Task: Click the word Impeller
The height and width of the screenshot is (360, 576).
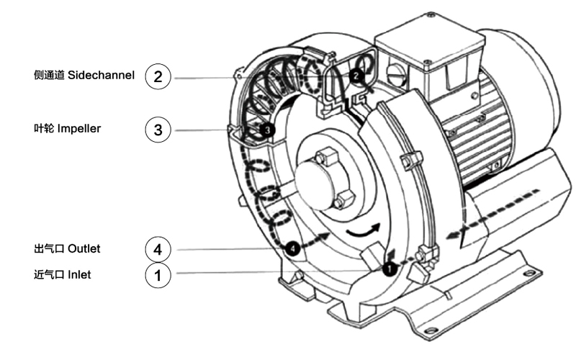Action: click(79, 129)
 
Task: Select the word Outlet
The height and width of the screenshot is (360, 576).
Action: click(84, 248)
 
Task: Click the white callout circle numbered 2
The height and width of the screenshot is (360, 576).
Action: click(158, 76)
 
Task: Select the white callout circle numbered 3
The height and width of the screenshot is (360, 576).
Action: click(158, 130)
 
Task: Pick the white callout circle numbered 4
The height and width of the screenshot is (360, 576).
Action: click(158, 249)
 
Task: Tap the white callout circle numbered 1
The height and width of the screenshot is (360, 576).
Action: click(158, 274)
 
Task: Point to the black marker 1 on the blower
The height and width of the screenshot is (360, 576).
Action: click(388, 268)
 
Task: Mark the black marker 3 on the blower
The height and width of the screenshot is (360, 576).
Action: click(267, 130)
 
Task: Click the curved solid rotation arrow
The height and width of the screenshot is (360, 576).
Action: click(361, 230)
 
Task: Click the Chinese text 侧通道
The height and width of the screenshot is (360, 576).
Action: click(49, 76)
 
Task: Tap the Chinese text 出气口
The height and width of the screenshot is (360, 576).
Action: click(49, 248)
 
